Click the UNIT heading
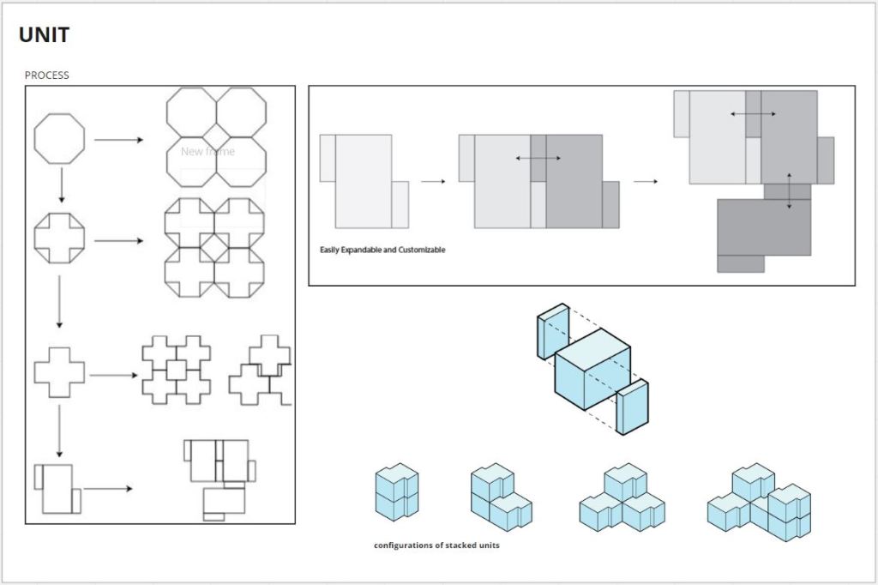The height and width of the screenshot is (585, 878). tap(45, 35)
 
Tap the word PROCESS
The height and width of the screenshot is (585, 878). tap(46, 75)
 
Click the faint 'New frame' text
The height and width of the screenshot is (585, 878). tap(207, 151)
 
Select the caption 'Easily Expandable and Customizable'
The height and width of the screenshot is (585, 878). tap(382, 250)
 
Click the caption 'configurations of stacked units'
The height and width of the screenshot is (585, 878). tap(436, 546)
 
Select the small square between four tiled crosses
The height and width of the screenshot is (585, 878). tap(177, 370)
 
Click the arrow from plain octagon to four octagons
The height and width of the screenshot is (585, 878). tap(118, 140)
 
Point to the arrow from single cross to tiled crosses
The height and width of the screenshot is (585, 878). tap(114, 375)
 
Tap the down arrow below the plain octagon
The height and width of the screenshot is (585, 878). tap(62, 185)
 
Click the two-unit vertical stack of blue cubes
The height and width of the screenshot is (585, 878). tap(397, 492)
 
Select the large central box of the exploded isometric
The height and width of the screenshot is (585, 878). tap(592, 369)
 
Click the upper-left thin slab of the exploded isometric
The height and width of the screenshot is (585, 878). tap(553, 331)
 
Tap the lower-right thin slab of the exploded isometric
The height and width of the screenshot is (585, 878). tap(633, 407)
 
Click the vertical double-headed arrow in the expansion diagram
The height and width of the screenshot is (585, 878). tap(789, 191)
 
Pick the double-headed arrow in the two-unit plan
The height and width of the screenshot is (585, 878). tap(538, 158)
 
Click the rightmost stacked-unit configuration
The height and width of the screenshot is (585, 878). tap(760, 502)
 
